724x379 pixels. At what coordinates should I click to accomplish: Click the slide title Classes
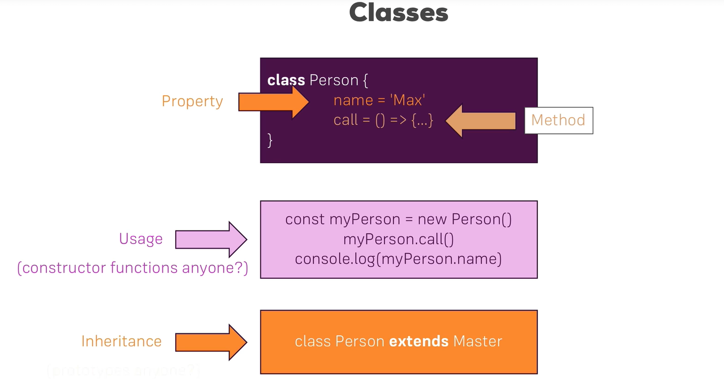pos(398,12)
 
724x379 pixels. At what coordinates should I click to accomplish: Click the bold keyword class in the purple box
pos(286,80)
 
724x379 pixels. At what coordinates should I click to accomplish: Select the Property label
pos(192,101)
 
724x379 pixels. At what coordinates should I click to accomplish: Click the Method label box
pos(558,121)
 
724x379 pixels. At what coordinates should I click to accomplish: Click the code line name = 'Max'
pos(379,100)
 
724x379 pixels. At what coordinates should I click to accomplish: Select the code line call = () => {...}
pos(383,120)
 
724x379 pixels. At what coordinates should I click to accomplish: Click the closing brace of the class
pos(270,140)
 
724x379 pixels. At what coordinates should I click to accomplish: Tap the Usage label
pos(141,239)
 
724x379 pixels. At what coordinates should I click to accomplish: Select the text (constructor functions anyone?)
pos(132,268)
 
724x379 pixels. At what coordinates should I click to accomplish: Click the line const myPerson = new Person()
pos(398,219)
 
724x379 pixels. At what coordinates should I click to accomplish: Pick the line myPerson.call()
pos(398,239)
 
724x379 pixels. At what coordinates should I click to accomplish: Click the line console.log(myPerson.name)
pos(398,259)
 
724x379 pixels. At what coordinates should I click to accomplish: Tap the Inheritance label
pos(121,341)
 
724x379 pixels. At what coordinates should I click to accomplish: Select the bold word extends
pos(419,341)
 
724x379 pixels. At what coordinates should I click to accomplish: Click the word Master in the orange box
pos(477,341)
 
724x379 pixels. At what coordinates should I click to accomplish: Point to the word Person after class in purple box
pos(334,80)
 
